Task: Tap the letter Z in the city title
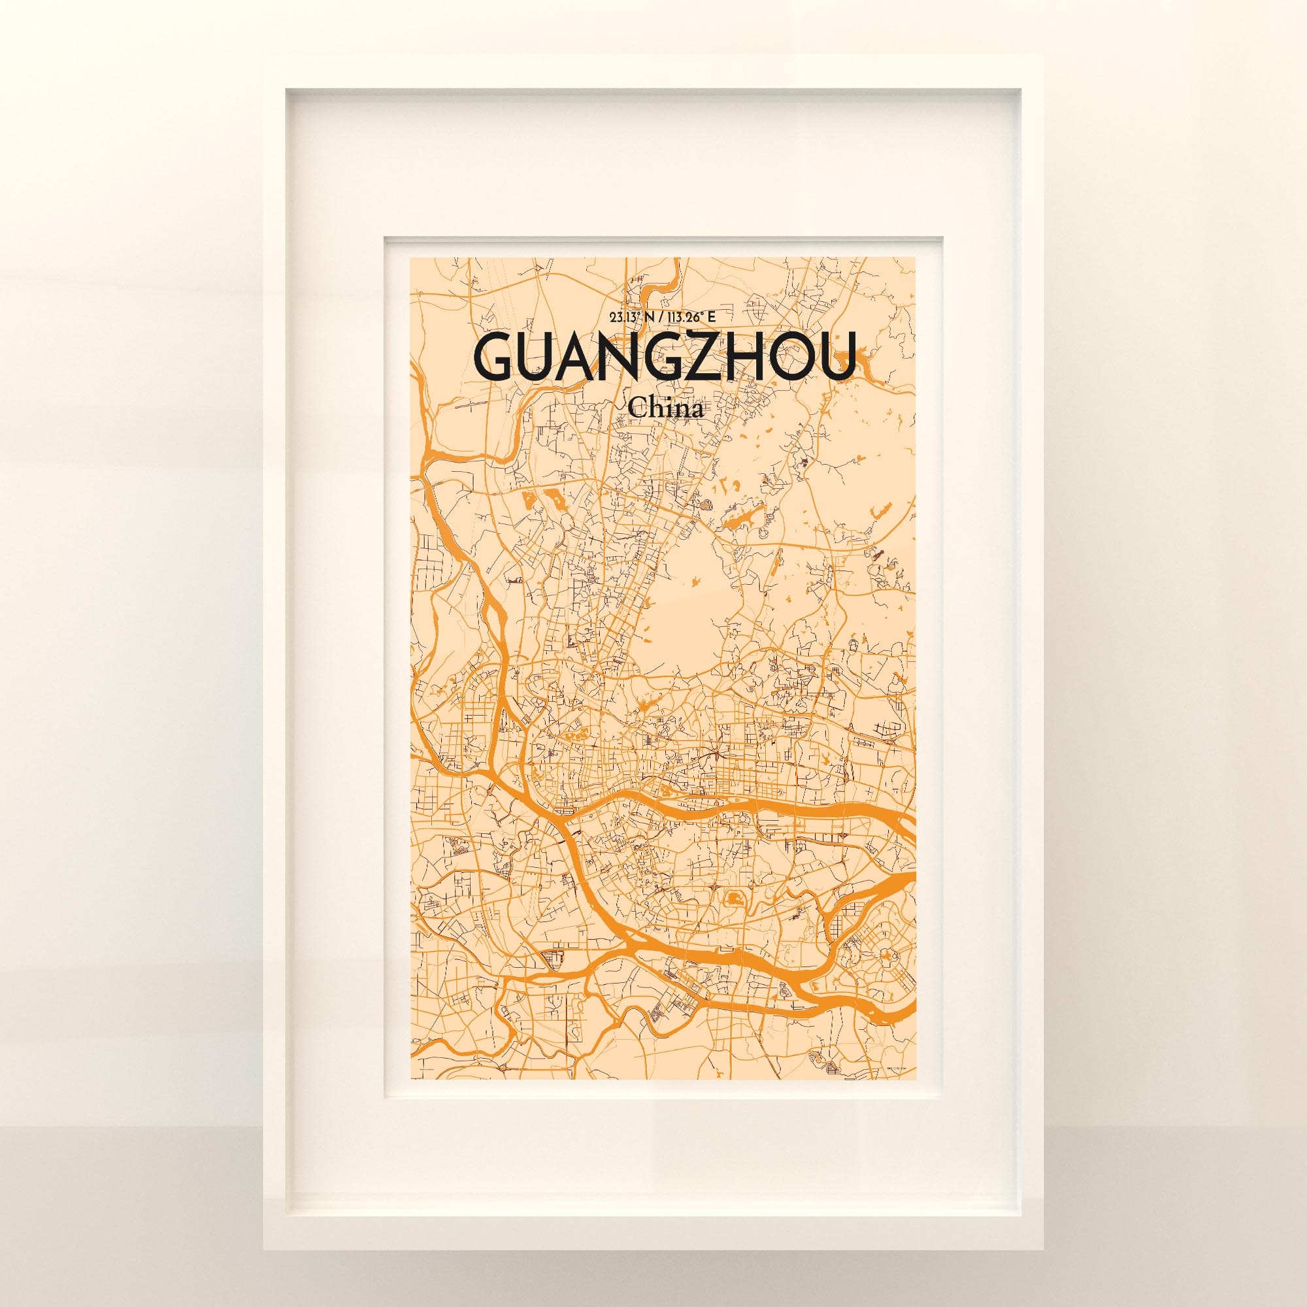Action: [x=700, y=357]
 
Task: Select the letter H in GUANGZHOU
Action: [x=742, y=357]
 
